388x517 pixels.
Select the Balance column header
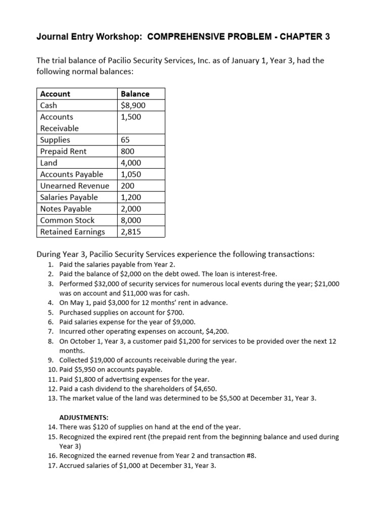point(135,94)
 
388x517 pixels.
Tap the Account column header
point(55,94)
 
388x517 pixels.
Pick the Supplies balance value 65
point(126,140)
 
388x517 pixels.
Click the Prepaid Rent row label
point(63,151)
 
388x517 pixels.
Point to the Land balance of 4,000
point(131,163)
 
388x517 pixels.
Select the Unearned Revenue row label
point(74,186)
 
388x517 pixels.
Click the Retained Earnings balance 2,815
point(131,232)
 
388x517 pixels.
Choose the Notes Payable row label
point(66,209)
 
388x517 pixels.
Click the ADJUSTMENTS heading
point(84,418)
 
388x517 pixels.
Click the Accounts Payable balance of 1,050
point(131,174)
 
